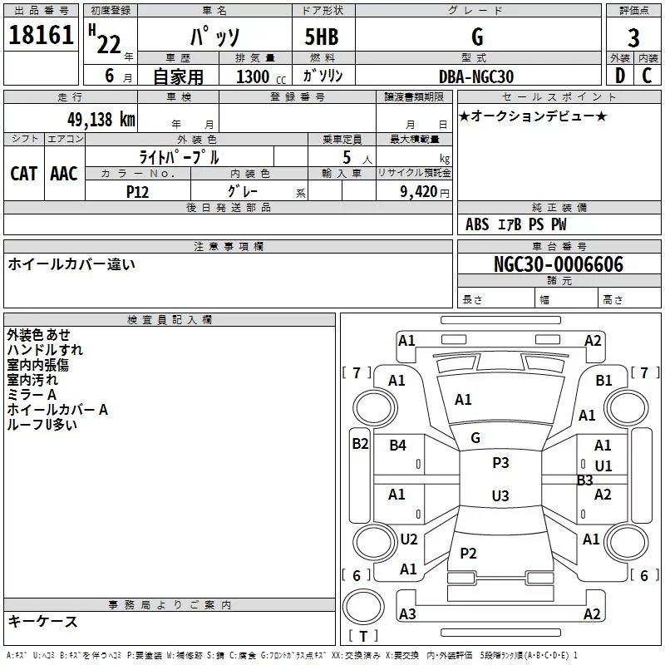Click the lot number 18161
click(x=41, y=35)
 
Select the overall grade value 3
click(x=633, y=38)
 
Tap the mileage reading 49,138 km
click(x=101, y=119)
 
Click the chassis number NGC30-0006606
click(x=559, y=264)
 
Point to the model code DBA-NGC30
click(x=476, y=76)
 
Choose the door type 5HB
click(x=322, y=37)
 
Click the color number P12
click(x=137, y=192)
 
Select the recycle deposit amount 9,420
click(x=419, y=192)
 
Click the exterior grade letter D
click(x=620, y=76)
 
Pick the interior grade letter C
click(x=647, y=76)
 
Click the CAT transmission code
click(x=24, y=174)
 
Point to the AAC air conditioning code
click(x=64, y=174)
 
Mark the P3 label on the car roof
click(x=500, y=463)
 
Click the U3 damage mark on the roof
click(x=500, y=495)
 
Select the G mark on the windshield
click(x=475, y=438)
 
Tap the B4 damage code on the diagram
click(x=398, y=446)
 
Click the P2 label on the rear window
click(x=468, y=553)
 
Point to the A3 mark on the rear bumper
click(x=407, y=613)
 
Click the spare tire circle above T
click(x=363, y=607)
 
